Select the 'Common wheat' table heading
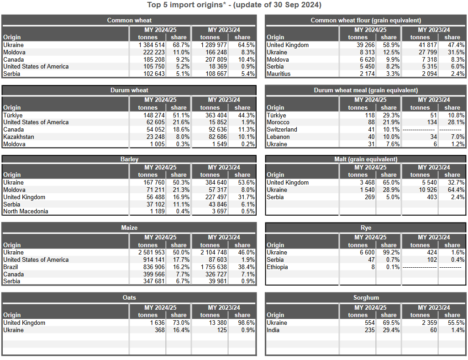click(x=129, y=20)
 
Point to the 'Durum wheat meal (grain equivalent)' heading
click(x=366, y=90)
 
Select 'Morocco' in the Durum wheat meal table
click(x=278, y=122)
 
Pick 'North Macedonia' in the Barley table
click(x=26, y=211)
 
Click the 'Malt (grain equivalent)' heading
click(x=366, y=159)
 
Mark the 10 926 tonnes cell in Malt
click(x=426, y=190)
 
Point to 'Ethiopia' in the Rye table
click(x=277, y=267)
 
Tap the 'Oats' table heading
click(x=129, y=298)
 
